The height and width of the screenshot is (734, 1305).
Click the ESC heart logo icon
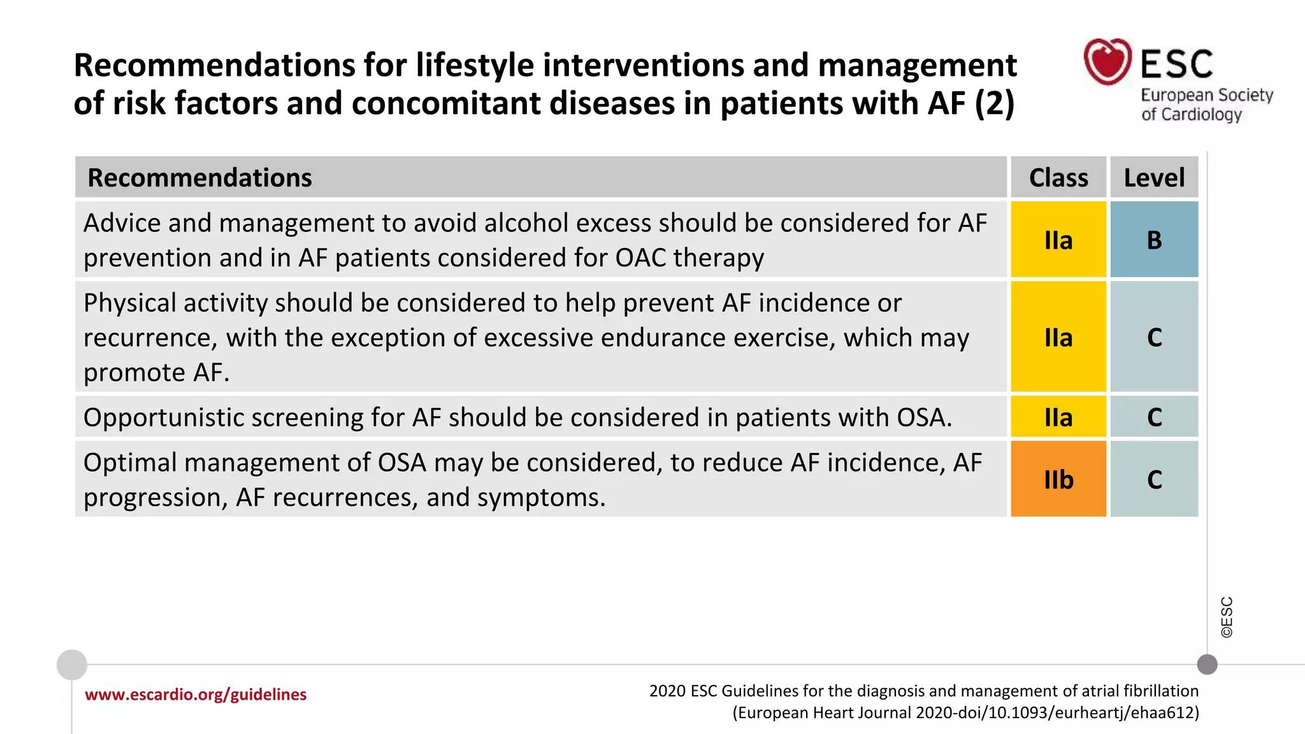[1107, 62]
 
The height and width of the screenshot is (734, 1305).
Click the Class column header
[1058, 178]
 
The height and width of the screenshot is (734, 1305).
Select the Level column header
[1154, 178]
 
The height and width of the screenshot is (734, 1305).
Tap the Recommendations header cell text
[199, 178]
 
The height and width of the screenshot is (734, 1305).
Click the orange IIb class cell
[1058, 479]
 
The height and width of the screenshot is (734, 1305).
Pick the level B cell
[1154, 240]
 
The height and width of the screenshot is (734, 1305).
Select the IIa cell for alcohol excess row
[1058, 240]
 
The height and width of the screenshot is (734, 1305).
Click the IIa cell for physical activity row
[1058, 337]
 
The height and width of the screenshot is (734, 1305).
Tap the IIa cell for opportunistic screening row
[1058, 417]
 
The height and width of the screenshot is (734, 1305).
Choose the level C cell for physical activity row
[1154, 337]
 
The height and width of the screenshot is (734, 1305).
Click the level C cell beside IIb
[1154, 479]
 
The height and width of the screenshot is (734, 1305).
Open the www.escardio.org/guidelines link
[196, 694]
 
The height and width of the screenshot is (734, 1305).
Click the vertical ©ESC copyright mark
[1227, 617]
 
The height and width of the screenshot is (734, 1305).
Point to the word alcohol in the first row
[524, 224]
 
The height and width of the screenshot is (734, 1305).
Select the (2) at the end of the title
[995, 104]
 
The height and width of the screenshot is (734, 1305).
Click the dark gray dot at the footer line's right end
[1207, 665]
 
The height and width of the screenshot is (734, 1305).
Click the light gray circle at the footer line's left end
[72, 665]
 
